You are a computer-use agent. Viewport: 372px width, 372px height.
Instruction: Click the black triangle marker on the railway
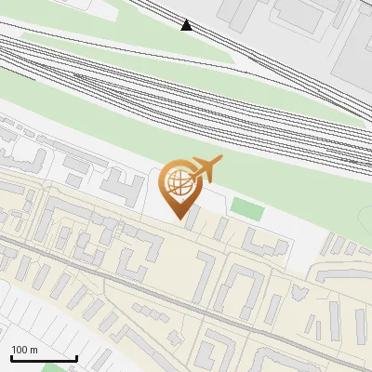click(x=187, y=25)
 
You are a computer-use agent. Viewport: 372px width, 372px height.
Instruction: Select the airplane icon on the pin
click(x=205, y=169)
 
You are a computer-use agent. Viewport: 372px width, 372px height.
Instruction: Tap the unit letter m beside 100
click(x=34, y=350)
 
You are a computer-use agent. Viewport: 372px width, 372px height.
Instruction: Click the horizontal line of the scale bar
click(x=43, y=358)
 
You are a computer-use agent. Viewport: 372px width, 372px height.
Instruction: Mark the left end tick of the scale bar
click(x=10, y=356)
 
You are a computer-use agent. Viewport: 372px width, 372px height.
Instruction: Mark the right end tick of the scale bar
click(x=76, y=356)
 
